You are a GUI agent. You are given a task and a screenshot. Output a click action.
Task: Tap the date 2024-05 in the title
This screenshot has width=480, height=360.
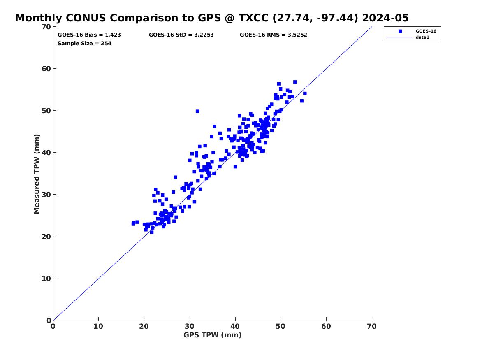tap(385, 18)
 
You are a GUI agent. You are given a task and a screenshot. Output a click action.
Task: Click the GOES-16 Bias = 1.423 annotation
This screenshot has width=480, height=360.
tap(89, 35)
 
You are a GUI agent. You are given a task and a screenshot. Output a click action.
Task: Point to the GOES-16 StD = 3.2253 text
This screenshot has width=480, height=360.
tap(181, 35)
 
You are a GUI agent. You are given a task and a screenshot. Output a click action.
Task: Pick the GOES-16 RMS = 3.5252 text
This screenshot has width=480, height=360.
tap(274, 35)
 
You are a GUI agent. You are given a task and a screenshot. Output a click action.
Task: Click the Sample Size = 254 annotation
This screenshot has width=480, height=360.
tap(84, 44)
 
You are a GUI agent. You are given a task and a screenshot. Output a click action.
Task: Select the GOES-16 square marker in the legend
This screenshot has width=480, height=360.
tap(400, 31)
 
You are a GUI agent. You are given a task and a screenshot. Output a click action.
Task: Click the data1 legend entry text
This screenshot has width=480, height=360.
tap(422, 37)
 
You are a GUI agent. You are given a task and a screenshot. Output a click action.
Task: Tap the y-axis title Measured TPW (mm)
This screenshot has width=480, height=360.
tap(37, 174)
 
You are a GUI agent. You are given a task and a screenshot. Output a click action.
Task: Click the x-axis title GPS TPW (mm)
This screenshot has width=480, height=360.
tap(213, 335)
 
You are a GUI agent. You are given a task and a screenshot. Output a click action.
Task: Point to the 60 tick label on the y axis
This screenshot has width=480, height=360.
tap(46, 69)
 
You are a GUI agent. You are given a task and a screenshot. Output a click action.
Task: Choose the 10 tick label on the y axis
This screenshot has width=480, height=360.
tap(46, 279)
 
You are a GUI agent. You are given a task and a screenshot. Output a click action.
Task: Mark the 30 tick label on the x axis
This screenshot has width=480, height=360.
tap(190, 326)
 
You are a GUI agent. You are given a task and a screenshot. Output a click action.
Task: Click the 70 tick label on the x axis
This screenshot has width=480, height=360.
tap(372, 326)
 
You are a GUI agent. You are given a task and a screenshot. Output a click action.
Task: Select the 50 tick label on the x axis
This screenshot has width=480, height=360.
tap(281, 326)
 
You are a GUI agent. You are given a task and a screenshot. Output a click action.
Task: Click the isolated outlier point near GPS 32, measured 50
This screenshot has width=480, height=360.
tap(197, 111)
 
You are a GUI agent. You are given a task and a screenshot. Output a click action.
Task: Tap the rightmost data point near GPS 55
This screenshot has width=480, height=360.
tap(305, 93)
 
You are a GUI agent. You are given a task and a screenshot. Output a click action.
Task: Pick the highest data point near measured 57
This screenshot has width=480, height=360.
tap(295, 82)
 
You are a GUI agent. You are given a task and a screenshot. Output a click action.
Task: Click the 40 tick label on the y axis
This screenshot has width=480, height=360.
tap(46, 153)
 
